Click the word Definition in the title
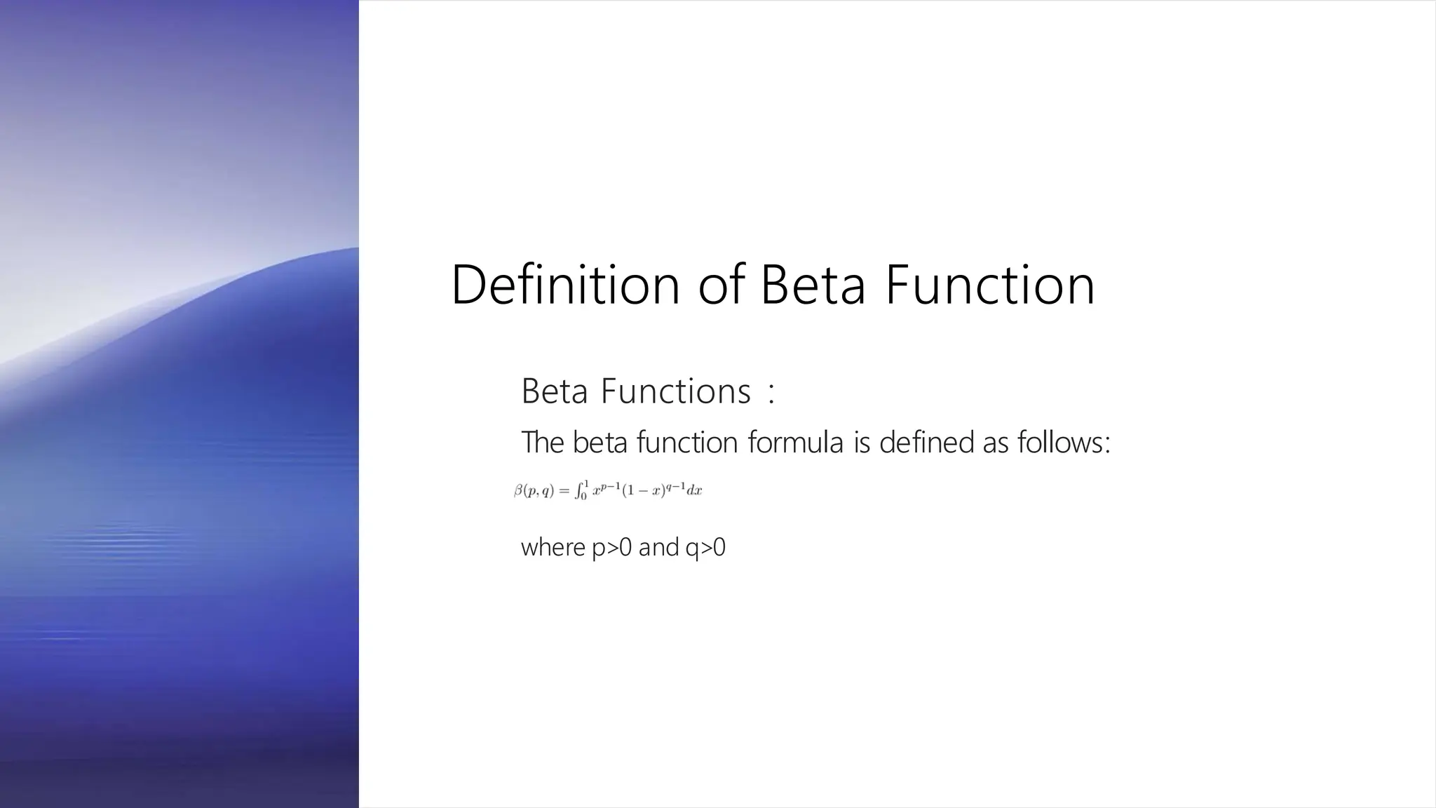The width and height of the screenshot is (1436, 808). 565,285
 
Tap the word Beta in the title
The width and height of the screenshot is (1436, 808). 813,285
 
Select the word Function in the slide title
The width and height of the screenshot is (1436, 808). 989,285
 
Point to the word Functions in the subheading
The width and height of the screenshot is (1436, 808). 675,391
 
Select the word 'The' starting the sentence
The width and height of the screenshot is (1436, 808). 542,443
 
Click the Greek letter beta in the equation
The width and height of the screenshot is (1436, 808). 518,490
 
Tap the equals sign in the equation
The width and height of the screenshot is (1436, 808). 564,491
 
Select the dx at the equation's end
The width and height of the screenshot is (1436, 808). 694,491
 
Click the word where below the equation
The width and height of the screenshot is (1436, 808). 553,547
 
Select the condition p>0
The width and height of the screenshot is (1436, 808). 612,547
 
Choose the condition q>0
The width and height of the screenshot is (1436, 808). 705,547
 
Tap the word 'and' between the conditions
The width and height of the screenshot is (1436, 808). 658,547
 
